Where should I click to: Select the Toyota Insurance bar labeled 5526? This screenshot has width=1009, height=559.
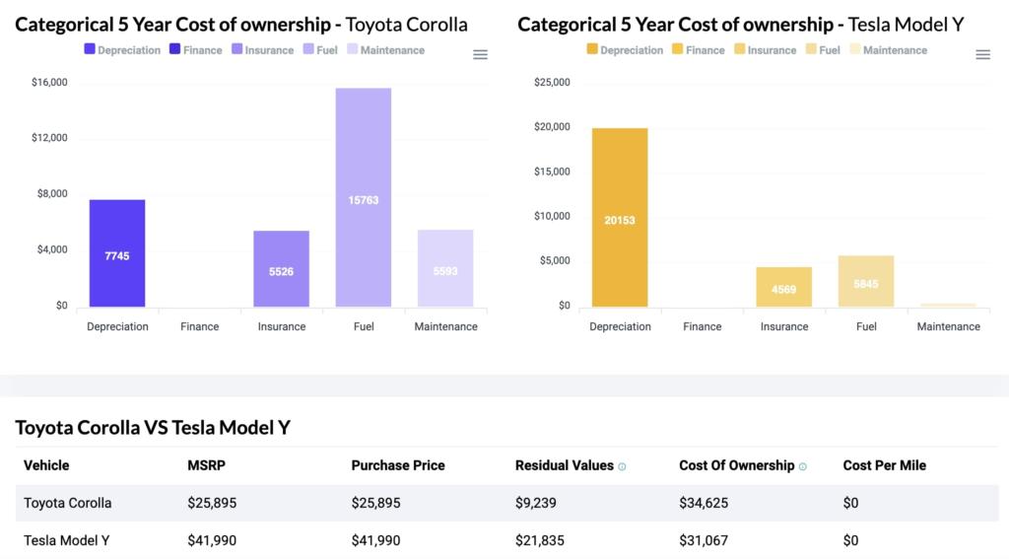click(x=282, y=269)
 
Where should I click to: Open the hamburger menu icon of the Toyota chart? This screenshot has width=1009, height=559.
click(x=480, y=55)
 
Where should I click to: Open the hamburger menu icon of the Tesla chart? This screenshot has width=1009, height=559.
click(x=982, y=55)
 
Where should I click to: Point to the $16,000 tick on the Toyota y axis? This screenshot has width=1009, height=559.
click(x=48, y=82)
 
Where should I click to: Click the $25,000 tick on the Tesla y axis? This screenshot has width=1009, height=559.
click(x=551, y=82)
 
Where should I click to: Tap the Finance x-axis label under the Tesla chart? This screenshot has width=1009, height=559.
click(x=703, y=326)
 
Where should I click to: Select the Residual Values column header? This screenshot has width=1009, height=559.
click(x=564, y=465)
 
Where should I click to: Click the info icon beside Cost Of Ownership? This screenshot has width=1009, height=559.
click(x=803, y=466)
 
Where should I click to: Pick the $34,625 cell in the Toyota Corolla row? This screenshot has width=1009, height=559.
click(x=704, y=503)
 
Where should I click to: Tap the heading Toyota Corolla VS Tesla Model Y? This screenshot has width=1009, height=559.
click(x=153, y=427)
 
